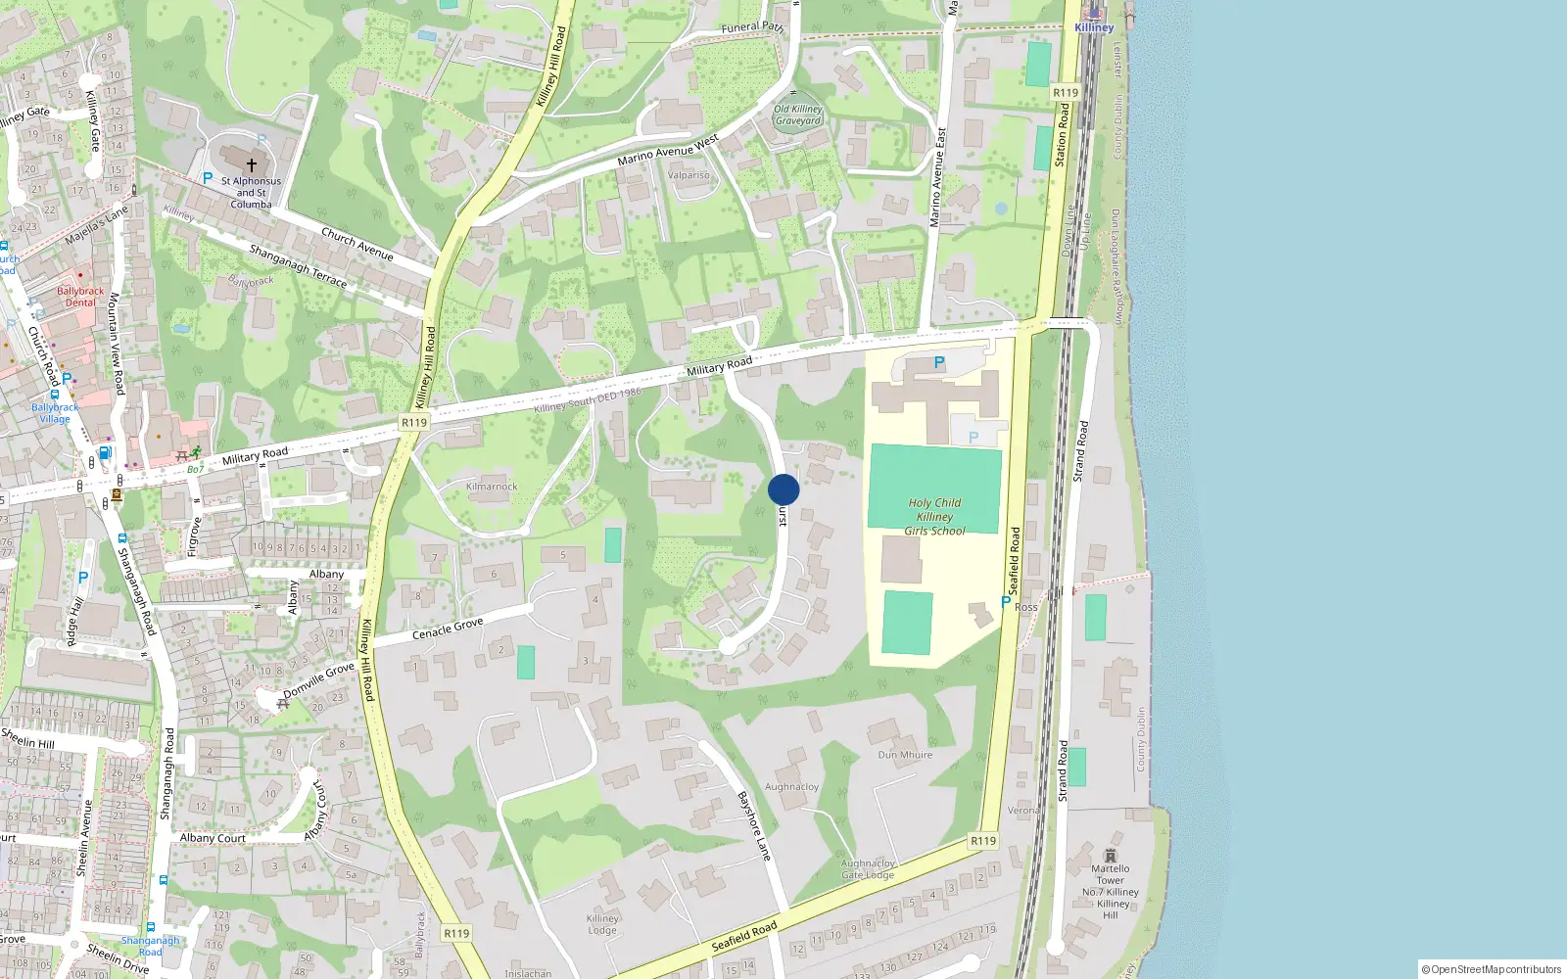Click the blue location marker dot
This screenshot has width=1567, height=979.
tap(783, 489)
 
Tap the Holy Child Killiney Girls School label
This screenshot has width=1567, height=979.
tap(934, 517)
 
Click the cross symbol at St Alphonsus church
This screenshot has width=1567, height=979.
tap(252, 165)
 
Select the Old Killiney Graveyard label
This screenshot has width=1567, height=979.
tap(798, 116)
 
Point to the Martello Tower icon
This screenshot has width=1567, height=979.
tap(1110, 856)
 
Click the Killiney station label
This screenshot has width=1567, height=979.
tap(1094, 27)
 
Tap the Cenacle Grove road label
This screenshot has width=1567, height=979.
tap(448, 629)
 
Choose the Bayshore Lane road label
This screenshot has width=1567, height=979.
tap(755, 826)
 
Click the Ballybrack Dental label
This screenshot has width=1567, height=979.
tap(80, 297)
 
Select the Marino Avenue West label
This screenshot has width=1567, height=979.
tap(668, 150)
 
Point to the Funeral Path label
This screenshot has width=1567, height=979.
tap(752, 27)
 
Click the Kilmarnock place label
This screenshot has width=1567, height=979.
tap(492, 487)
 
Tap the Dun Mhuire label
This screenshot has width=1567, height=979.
tap(905, 755)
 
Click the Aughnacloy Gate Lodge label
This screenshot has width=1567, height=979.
tap(868, 868)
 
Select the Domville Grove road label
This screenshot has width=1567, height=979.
tap(319, 680)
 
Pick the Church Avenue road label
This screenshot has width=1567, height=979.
tap(357, 244)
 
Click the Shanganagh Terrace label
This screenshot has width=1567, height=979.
tap(298, 266)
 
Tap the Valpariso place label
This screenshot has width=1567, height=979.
tap(689, 175)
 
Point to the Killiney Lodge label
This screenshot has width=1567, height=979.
tap(602, 924)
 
